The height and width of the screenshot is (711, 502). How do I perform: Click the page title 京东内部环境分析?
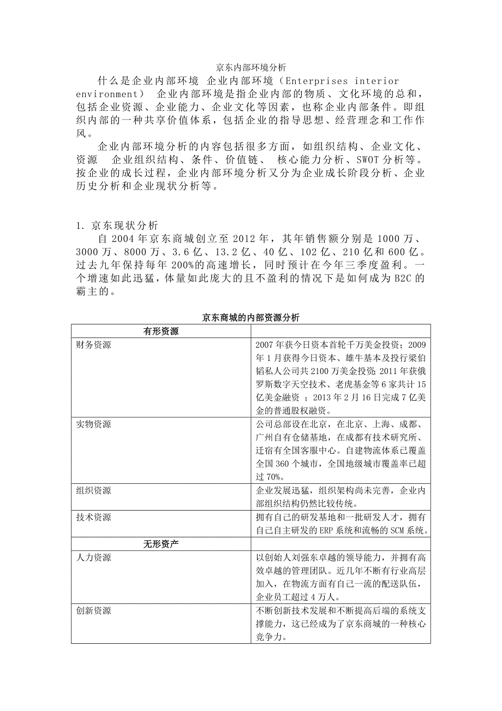point(250,68)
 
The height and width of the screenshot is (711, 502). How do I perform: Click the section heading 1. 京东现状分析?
point(117,224)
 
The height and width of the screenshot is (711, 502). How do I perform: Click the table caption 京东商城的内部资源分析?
point(250,317)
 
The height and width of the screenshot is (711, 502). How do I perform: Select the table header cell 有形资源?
point(161,331)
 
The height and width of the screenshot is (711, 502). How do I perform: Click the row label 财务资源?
point(93,345)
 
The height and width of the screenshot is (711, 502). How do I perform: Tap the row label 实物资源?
point(93,424)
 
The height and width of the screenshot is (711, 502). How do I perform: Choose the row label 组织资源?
point(93,490)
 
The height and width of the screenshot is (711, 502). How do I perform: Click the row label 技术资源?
point(93,517)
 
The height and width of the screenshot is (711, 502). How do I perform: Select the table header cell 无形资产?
point(161,543)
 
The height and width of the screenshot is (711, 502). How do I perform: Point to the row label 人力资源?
point(93,558)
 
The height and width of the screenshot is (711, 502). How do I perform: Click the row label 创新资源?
point(93,610)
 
